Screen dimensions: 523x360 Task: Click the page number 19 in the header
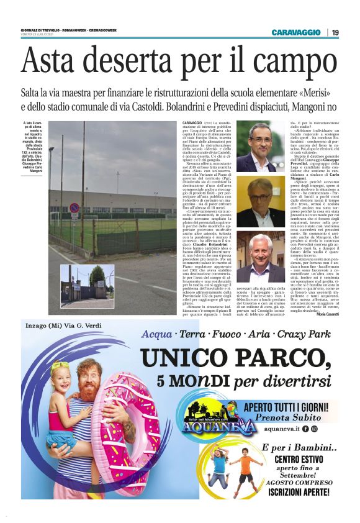[336, 32]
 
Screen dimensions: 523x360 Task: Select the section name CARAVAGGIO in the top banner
[295, 32]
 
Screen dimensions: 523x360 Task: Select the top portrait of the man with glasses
[261, 146]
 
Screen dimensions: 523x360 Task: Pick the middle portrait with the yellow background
[261, 202]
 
